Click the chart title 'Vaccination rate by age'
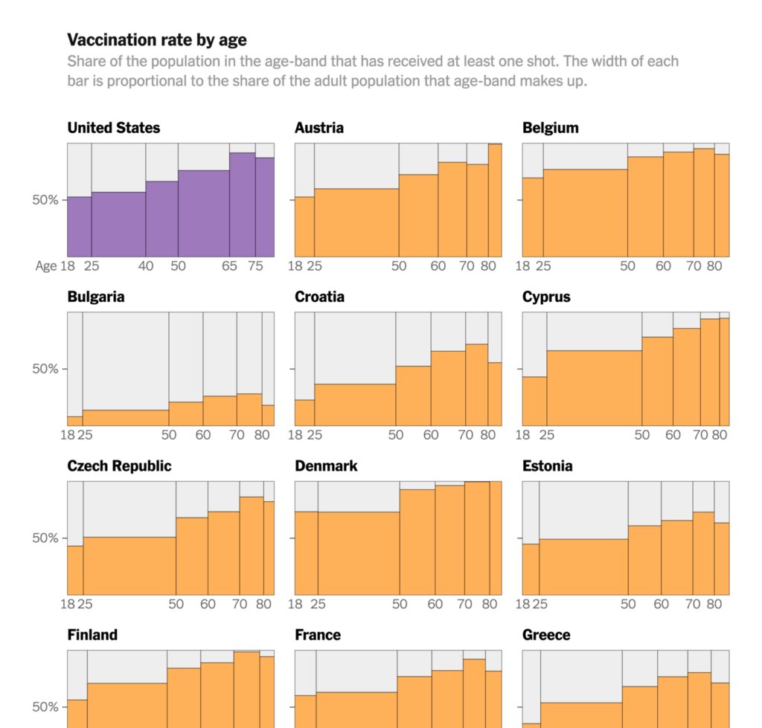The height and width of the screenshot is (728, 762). [156, 39]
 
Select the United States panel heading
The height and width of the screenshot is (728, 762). [113, 128]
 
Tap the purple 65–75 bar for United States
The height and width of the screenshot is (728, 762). [242, 204]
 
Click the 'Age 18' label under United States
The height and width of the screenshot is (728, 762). [56, 266]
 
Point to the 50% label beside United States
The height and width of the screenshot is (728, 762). [45, 200]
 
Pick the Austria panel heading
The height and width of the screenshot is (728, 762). [319, 128]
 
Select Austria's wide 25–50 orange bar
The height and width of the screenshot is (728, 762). [356, 223]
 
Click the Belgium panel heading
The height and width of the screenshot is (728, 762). [550, 128]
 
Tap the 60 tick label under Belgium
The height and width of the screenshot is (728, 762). [663, 266]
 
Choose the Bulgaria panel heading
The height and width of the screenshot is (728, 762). [96, 297]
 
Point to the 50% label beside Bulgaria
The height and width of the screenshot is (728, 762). [45, 369]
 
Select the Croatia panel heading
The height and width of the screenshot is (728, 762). [319, 297]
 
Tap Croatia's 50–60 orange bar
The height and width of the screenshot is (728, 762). [413, 396]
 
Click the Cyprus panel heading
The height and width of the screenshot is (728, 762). [546, 297]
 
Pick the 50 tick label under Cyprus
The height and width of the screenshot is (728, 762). [642, 435]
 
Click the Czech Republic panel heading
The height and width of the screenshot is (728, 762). [119, 466]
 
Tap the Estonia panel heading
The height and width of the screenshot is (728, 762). [547, 466]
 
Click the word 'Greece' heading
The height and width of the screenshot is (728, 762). [546, 635]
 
